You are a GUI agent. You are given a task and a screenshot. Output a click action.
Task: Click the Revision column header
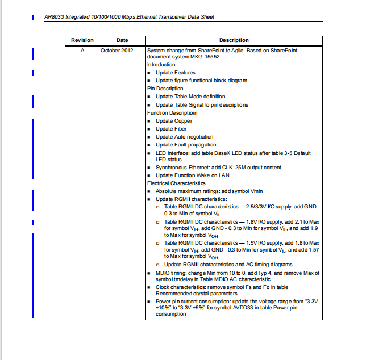click(x=82, y=40)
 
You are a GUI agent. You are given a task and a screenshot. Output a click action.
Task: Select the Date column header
click(x=122, y=40)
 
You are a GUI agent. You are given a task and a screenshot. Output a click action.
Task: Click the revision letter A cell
click(x=82, y=51)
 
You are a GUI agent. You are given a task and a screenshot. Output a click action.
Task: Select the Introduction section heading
click(x=161, y=65)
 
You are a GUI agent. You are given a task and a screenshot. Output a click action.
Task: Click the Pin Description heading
click(x=165, y=89)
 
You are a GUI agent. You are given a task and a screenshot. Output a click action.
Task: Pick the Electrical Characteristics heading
click(x=176, y=183)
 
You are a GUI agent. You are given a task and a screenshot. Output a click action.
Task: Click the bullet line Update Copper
click(x=174, y=121)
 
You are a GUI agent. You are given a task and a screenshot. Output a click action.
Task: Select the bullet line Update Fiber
click(x=171, y=129)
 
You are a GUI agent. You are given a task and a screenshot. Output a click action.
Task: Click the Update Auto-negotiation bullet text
click(x=185, y=137)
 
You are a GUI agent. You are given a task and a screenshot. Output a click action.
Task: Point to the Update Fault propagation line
click(x=186, y=145)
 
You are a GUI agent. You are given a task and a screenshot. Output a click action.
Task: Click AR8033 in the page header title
click(x=55, y=17)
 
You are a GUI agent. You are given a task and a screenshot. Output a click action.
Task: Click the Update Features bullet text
click(x=176, y=73)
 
